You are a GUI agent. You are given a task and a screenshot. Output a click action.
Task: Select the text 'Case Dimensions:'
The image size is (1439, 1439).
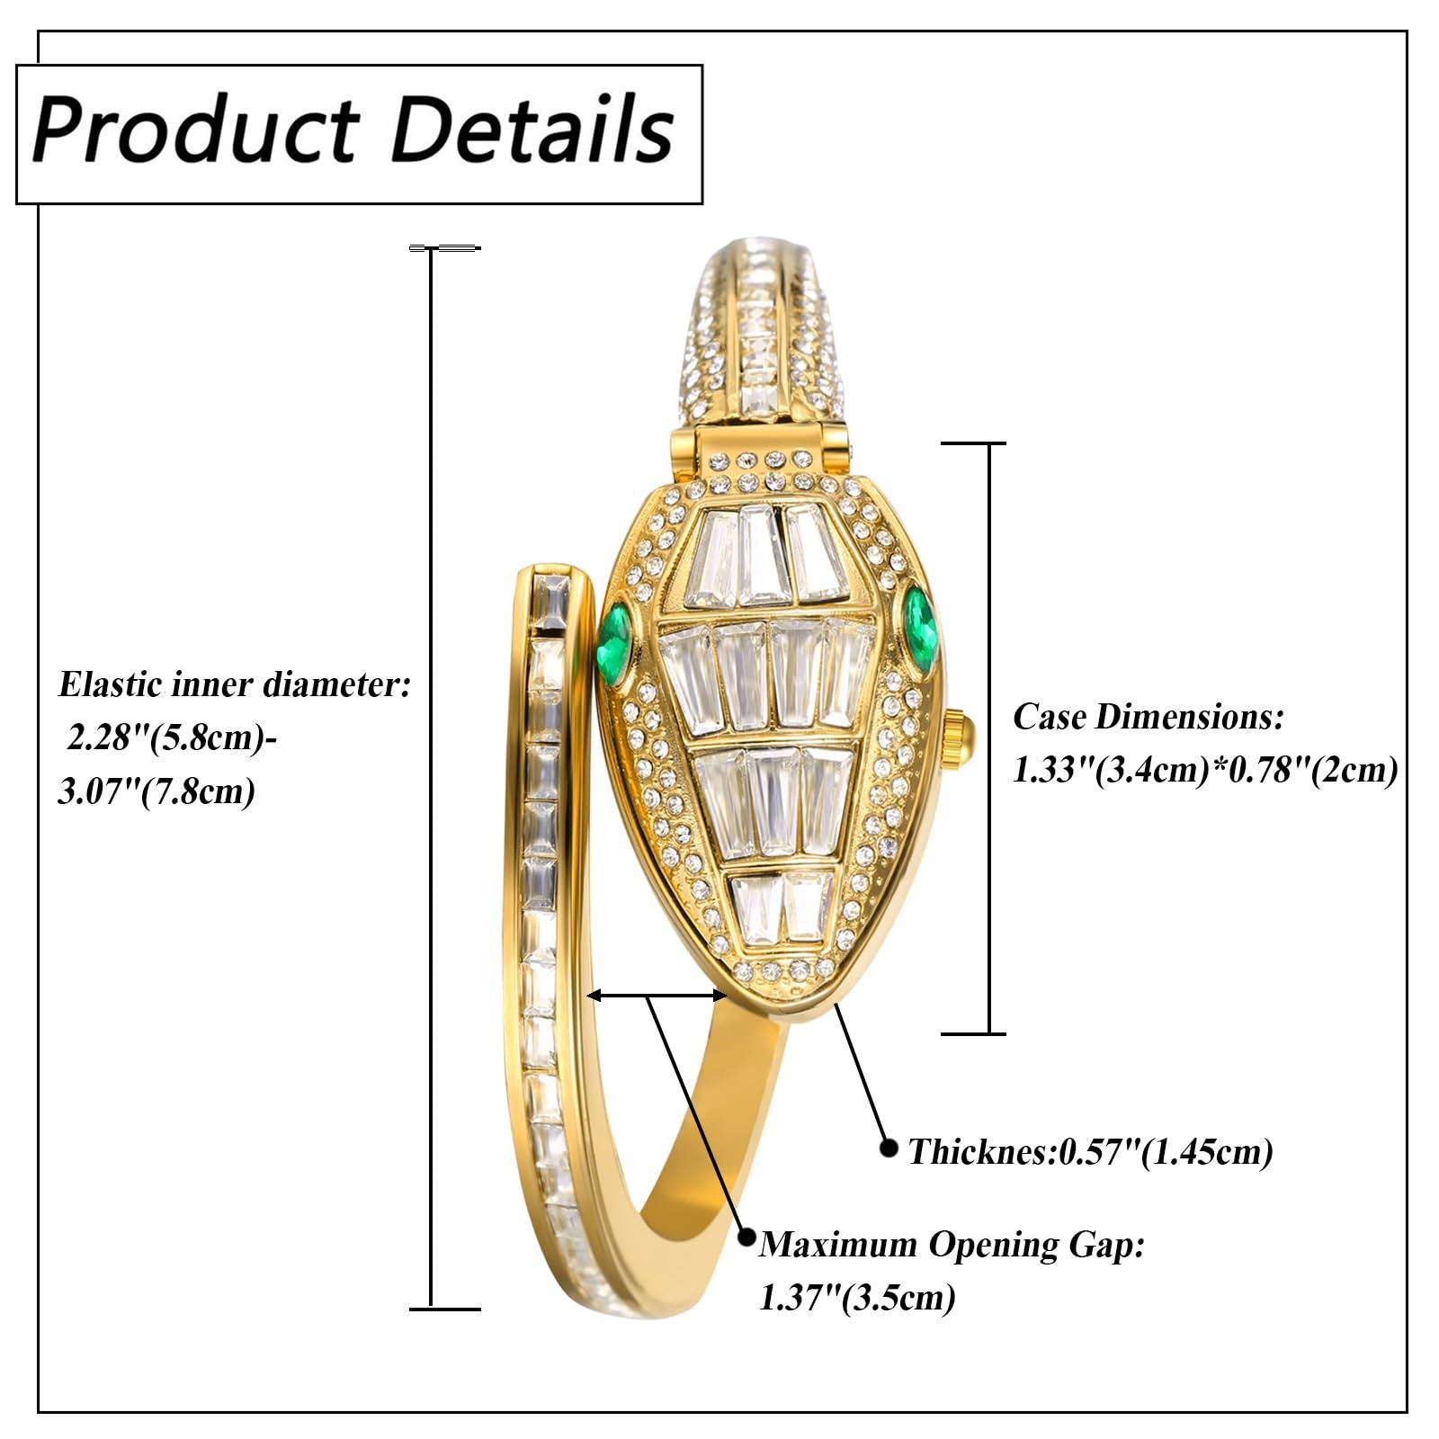point(1149,718)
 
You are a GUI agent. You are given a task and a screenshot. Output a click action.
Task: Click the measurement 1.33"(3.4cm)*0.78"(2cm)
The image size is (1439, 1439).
point(1205,770)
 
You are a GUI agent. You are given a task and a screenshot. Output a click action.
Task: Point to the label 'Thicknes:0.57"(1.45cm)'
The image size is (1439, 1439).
point(1090,1152)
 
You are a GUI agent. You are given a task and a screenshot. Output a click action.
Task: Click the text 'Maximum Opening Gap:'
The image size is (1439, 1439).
point(952,1245)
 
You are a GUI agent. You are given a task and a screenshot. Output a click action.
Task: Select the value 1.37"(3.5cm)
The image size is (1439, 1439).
point(857,1297)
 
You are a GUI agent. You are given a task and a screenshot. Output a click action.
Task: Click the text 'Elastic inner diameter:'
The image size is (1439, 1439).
point(235,685)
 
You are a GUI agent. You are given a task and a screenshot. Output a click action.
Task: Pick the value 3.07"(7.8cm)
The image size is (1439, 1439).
point(156,791)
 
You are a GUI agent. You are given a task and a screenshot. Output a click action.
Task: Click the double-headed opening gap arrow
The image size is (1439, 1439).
point(657,995)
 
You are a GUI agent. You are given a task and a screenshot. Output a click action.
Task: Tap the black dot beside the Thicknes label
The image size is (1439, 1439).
point(889,1148)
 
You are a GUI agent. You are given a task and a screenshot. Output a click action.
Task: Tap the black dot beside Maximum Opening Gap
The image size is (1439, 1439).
point(746,1237)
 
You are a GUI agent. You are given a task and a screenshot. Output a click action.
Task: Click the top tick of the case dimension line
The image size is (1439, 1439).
point(972,443)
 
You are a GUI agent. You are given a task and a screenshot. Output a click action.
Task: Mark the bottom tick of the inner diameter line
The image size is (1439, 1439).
point(444,1309)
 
